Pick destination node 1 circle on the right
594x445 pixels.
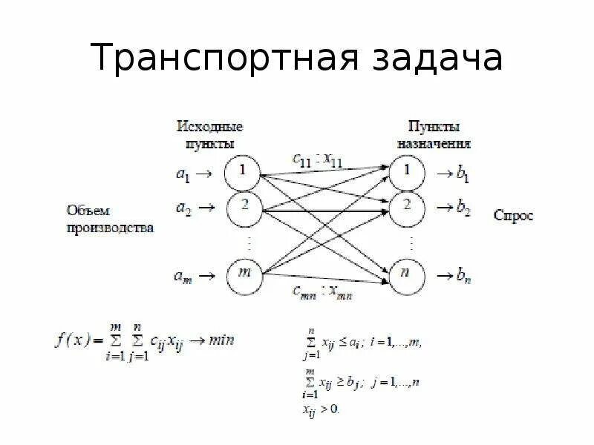[x=408, y=172]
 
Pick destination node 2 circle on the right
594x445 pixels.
[x=408, y=207]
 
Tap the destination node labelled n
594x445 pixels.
[x=408, y=275]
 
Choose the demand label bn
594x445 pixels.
[x=462, y=277]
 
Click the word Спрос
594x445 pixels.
[x=513, y=216]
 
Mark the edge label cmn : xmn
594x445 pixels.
[x=322, y=293]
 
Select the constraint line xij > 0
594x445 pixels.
[x=322, y=408]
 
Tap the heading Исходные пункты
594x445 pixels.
[x=209, y=134]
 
